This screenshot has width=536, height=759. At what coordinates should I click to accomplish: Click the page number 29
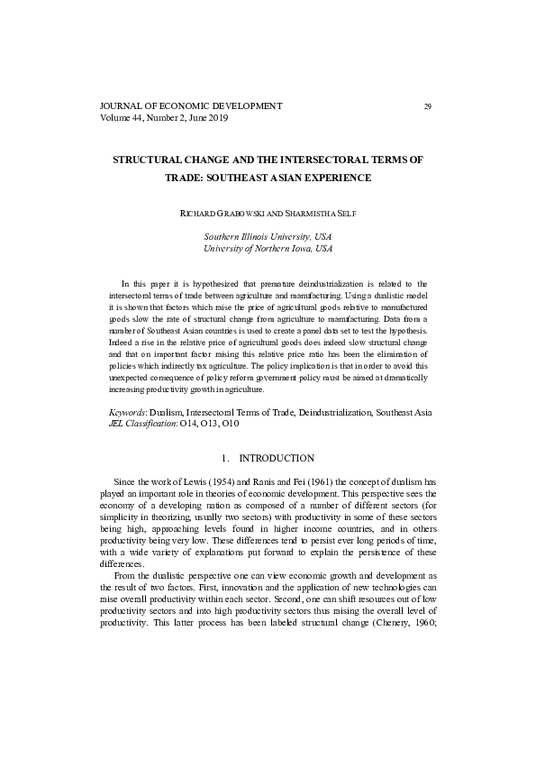(x=427, y=106)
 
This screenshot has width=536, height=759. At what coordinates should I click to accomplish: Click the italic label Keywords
(x=126, y=410)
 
